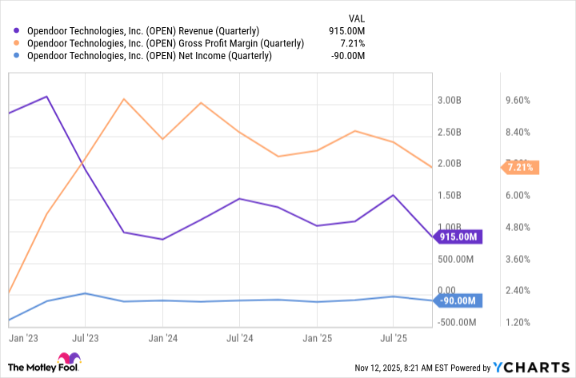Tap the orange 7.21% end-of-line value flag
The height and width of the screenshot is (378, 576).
[x=522, y=167]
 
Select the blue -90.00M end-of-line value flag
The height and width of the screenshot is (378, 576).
[x=458, y=300]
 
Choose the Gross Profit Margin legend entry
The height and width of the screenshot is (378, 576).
[x=164, y=43]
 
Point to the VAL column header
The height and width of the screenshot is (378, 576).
[x=358, y=18]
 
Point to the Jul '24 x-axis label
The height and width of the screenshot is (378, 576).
[x=239, y=338]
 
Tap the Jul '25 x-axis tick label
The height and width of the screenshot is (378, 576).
[x=393, y=338]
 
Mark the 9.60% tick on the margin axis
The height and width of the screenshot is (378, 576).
[x=516, y=101]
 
